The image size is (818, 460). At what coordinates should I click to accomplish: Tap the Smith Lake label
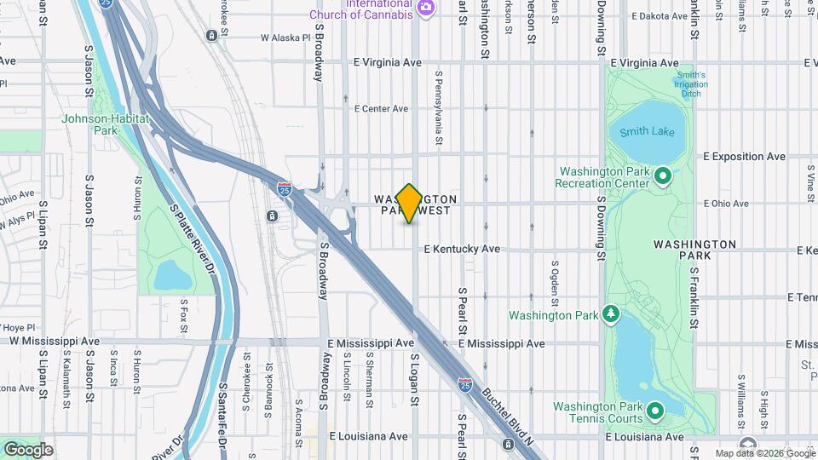[x=647, y=131]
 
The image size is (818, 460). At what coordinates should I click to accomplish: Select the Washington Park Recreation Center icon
[x=664, y=177]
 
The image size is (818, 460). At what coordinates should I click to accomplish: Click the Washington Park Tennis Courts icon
[x=655, y=411]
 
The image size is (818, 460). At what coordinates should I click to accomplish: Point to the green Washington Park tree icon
[x=611, y=315]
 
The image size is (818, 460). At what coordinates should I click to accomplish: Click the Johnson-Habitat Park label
[x=106, y=124]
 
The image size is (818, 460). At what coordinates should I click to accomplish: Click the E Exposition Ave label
[x=744, y=157]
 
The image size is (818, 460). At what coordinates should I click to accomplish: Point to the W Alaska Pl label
[x=285, y=38]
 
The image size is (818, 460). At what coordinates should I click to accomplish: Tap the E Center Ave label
[x=382, y=109]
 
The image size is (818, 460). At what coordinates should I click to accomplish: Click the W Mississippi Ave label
[x=55, y=341]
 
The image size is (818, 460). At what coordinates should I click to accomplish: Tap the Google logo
[x=28, y=449]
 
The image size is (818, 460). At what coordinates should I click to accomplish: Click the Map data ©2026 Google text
[x=764, y=453]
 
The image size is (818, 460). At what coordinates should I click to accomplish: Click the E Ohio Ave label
[x=726, y=204]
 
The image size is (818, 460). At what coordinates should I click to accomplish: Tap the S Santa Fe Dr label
[x=223, y=417]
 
